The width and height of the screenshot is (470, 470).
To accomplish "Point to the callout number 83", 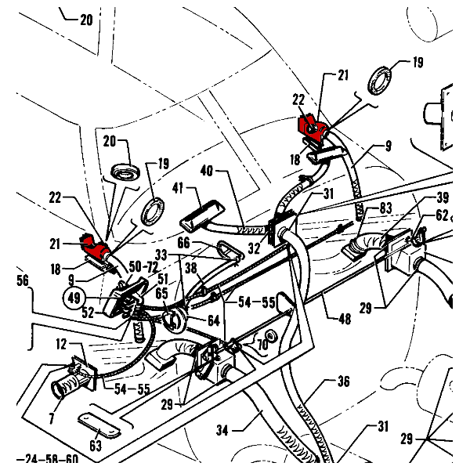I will [x=386, y=208].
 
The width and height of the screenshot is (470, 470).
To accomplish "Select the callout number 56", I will [x=21, y=278].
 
